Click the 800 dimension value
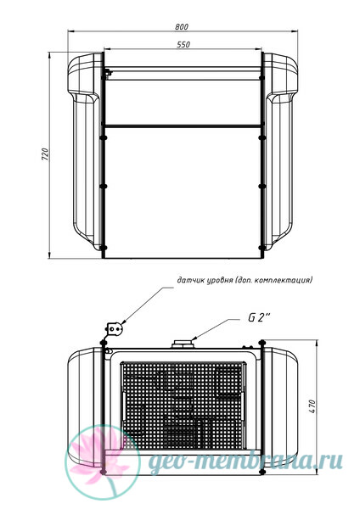tap(182, 27)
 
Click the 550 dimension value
tap(183, 44)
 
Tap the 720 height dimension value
tap(45, 154)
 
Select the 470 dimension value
tap(312, 406)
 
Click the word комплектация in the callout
tap(283, 280)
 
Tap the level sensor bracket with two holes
tap(115, 329)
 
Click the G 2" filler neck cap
tap(183, 344)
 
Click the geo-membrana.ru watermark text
tap(245, 461)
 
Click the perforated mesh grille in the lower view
tap(183, 406)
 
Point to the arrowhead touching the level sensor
tap(122, 322)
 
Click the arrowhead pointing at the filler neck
tap(194, 338)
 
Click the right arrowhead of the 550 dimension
tap(258, 49)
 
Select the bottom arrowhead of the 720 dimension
tap(49, 255)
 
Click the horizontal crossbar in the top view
tap(183, 126)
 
